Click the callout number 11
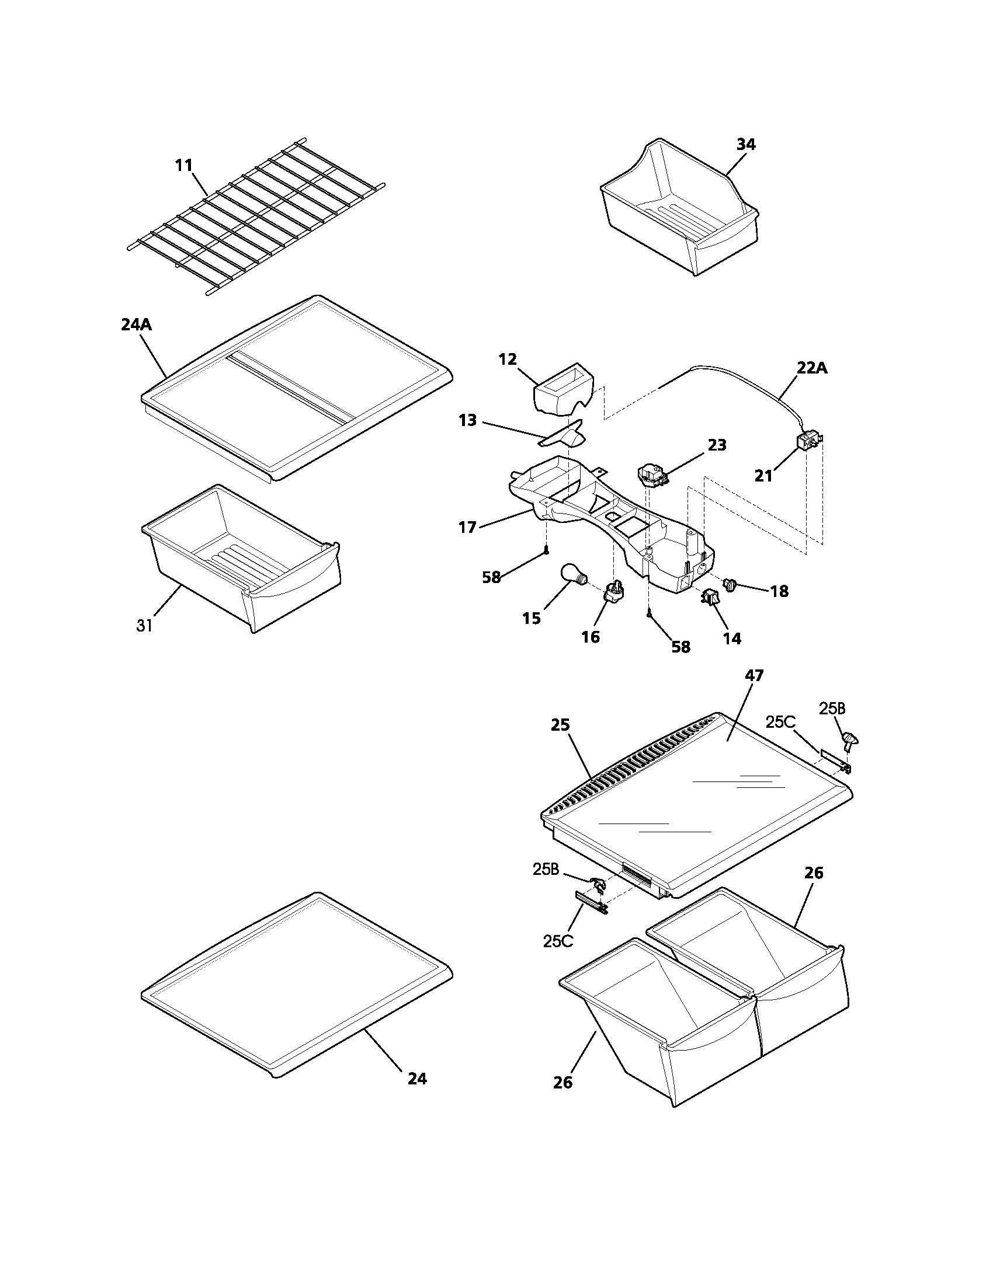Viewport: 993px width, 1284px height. click(x=184, y=165)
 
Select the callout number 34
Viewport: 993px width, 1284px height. click(x=745, y=144)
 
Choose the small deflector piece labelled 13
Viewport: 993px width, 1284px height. click(x=565, y=435)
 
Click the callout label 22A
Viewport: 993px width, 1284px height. click(x=812, y=368)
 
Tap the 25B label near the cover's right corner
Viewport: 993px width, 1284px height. click(x=832, y=709)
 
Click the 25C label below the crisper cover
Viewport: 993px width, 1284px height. click(x=558, y=941)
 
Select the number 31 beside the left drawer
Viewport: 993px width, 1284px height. click(x=145, y=626)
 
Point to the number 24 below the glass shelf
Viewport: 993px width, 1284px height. click(x=417, y=1079)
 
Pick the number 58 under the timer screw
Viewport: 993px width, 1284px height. click(x=680, y=647)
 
